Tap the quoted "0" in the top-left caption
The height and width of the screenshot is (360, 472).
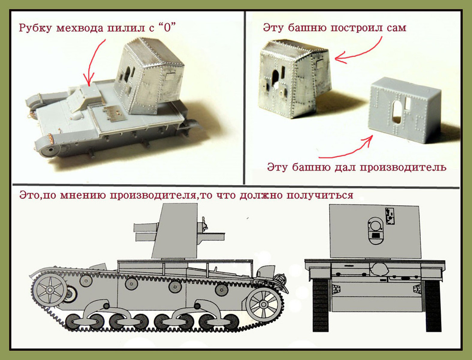point(168,28)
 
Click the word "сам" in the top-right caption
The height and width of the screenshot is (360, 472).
point(395,28)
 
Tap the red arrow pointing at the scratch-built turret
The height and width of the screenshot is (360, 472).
point(360,51)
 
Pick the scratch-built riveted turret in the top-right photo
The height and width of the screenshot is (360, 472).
point(295,78)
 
